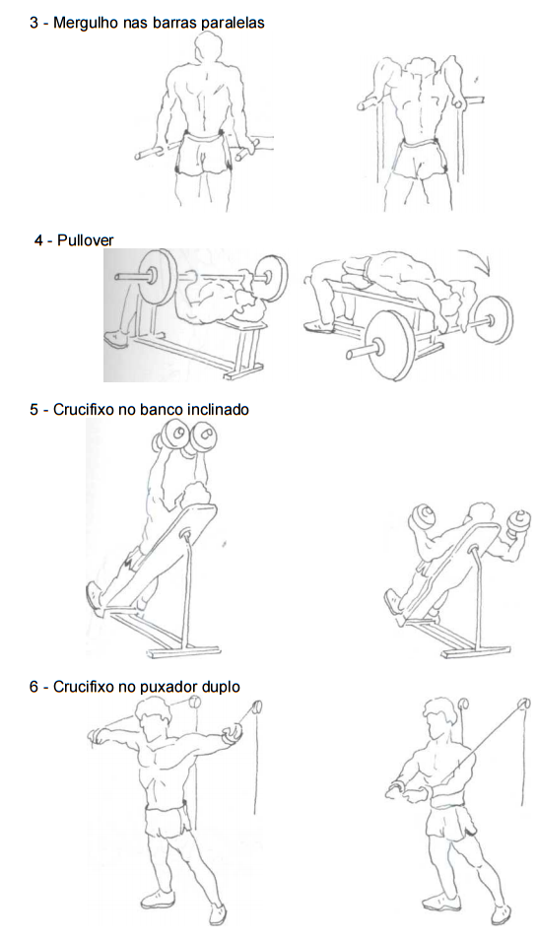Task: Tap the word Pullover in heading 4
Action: [85, 240]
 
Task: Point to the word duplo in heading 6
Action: [222, 687]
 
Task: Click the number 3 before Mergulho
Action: [33, 24]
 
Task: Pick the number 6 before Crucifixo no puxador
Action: [33, 687]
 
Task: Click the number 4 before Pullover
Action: [39, 240]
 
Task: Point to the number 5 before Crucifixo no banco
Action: [33, 410]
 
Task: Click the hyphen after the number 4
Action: [50, 241]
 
